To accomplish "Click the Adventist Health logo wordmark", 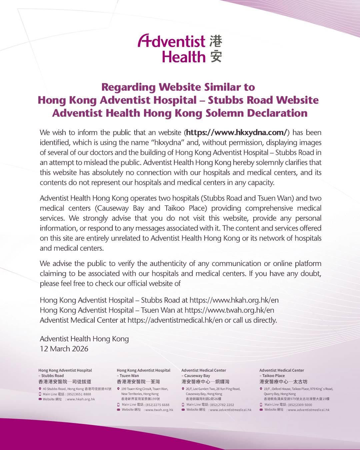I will click(x=172, y=49).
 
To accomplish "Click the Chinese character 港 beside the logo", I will click(x=216, y=41).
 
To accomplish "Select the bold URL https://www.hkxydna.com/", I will click(x=236, y=132).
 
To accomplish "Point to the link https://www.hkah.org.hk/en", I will click(x=234, y=300).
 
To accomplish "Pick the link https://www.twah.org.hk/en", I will click(x=229, y=310).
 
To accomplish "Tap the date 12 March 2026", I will click(x=64, y=349).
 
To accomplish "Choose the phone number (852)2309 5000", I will click(x=300, y=405).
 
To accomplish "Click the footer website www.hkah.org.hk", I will click(x=81, y=399).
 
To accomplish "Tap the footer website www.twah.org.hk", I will click(x=159, y=410).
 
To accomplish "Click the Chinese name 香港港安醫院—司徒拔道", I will click(x=65, y=382).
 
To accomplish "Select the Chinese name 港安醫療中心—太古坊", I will click(x=283, y=382).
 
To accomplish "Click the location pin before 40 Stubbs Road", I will click(x=40, y=389).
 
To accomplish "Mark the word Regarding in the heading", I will click(x=128, y=87).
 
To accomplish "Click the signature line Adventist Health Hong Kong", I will click(x=84, y=339).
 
